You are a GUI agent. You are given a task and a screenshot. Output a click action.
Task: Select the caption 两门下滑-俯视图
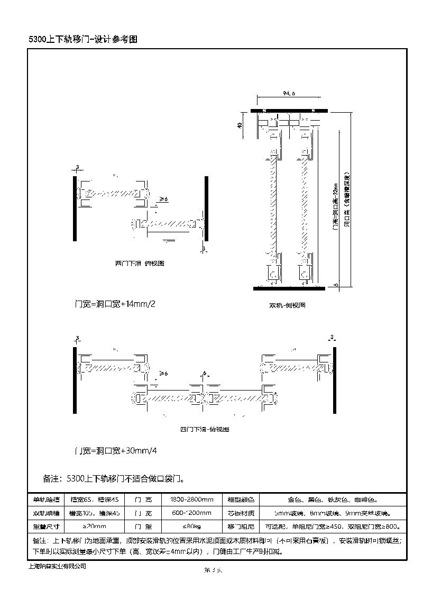pos(140,263)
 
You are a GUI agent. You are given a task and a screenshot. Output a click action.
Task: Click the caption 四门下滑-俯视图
pos(205,429)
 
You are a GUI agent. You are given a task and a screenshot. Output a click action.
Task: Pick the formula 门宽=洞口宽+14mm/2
pos(115,304)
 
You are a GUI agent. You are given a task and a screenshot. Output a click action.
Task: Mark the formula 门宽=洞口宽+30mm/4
pos(116,451)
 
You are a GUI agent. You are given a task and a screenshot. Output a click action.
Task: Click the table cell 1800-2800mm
pos(191,499)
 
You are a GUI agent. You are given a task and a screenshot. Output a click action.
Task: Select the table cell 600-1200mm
pos(191,513)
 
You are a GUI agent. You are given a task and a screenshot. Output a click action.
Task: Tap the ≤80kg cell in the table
pos(191,527)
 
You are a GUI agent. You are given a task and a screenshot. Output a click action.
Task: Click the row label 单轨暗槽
pos(47,499)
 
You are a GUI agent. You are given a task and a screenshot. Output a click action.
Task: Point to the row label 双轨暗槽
pos(47,513)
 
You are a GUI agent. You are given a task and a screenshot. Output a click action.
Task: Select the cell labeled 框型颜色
pos(241,499)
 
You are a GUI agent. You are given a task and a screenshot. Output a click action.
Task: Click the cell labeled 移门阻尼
pos(241,527)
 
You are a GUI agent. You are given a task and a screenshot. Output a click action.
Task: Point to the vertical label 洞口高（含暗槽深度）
pos(347,198)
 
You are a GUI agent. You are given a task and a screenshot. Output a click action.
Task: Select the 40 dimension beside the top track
pos(240,125)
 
